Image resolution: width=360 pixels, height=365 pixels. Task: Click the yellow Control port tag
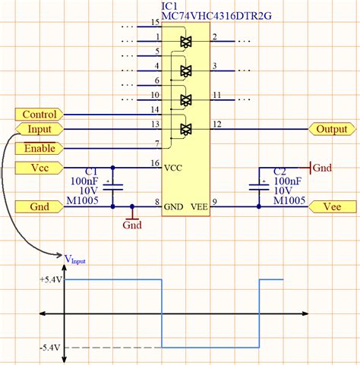pyautogui.click(x=39, y=115)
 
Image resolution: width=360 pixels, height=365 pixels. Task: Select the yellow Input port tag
pyautogui.click(x=39, y=130)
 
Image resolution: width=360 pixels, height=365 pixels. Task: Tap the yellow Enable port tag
pyautogui.click(x=39, y=148)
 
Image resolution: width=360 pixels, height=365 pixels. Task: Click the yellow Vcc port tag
pyautogui.click(x=39, y=167)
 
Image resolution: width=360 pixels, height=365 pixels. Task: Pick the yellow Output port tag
pyautogui.click(x=332, y=129)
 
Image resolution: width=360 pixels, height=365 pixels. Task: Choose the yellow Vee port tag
pyautogui.click(x=332, y=206)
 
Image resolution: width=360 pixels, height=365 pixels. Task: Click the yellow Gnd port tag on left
pyautogui.click(x=39, y=206)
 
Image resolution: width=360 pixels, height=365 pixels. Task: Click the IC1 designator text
pyautogui.click(x=171, y=6)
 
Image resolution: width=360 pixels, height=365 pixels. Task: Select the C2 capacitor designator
pyautogui.click(x=279, y=172)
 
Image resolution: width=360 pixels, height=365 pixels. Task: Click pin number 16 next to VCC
pyautogui.click(x=155, y=163)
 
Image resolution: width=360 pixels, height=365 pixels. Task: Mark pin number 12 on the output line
pyautogui.click(x=217, y=124)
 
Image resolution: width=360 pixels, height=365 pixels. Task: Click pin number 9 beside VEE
pyautogui.click(x=215, y=201)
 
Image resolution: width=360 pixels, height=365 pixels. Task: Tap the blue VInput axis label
pyautogui.click(x=74, y=258)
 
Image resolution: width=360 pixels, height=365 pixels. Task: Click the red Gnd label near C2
pyautogui.click(x=323, y=167)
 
